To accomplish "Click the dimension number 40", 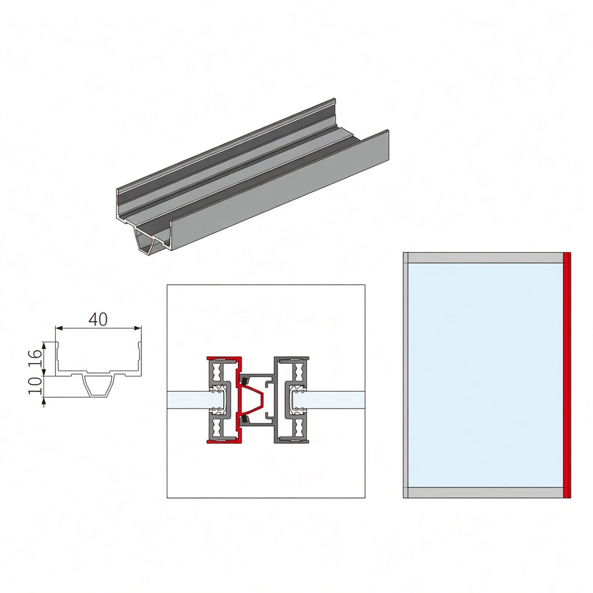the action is tap(98, 320).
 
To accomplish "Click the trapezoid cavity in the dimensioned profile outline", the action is tap(100, 386).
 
